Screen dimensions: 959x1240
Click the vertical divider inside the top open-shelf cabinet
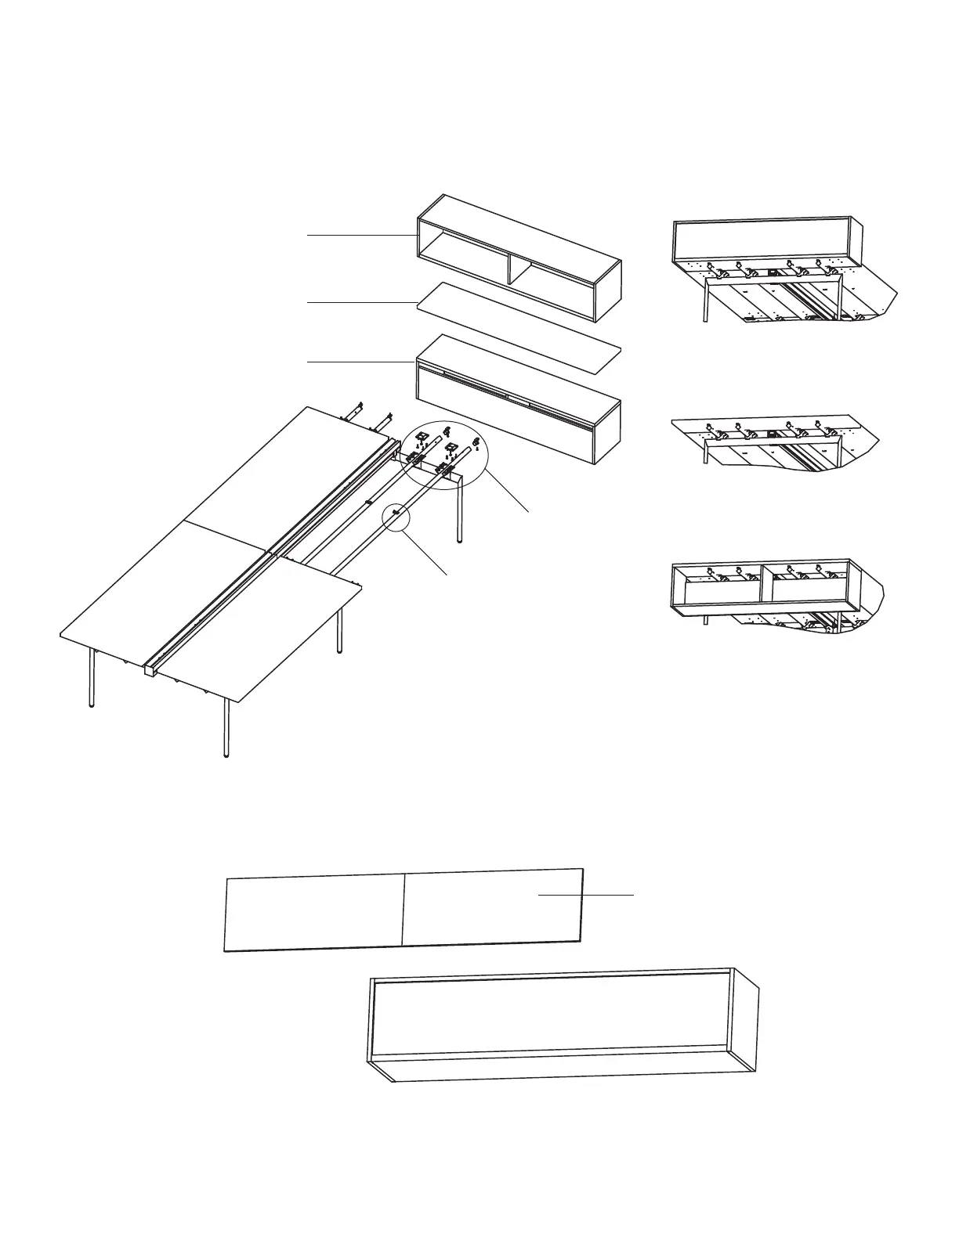[x=510, y=268]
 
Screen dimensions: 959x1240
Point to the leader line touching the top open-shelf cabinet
[x=360, y=234]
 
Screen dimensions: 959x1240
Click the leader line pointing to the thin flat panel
[x=360, y=301]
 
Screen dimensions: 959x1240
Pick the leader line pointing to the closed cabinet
[x=360, y=362]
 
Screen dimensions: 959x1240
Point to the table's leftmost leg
[x=92, y=678]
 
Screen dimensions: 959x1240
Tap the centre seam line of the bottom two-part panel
[x=403, y=910]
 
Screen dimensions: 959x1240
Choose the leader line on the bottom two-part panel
[x=586, y=894]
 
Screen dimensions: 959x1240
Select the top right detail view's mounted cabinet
[x=764, y=239]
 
